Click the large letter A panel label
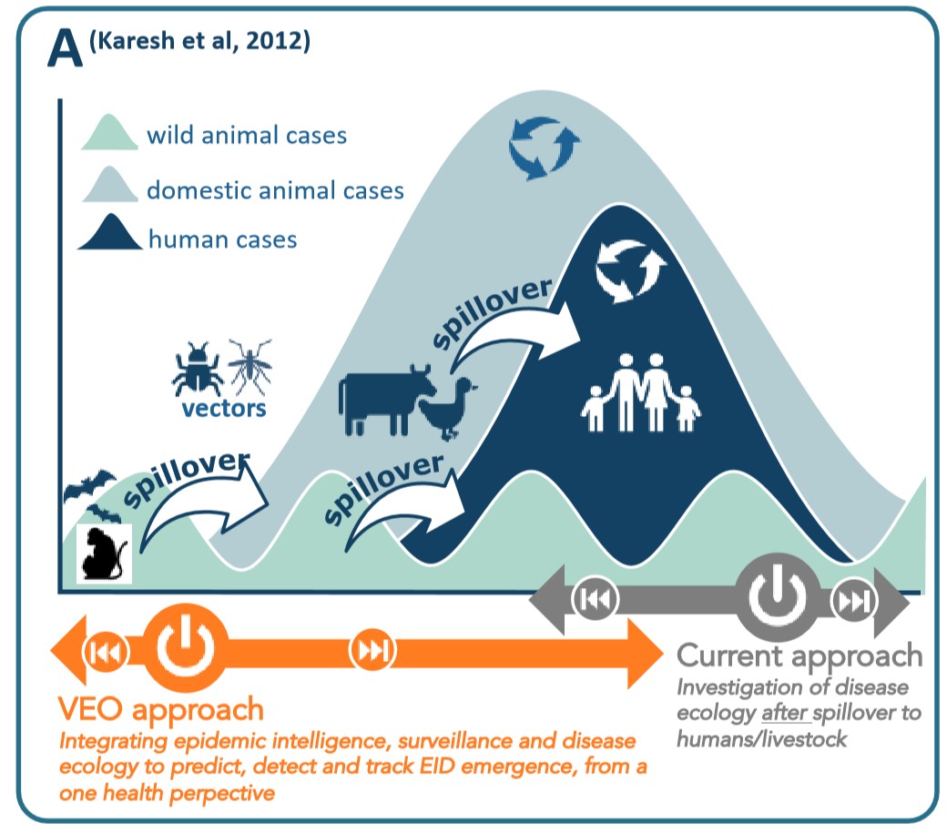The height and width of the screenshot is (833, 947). tap(65, 48)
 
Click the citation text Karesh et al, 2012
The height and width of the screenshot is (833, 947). tap(199, 40)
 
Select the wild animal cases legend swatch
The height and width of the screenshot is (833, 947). tap(109, 132)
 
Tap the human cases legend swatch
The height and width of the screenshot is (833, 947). tap(110, 232)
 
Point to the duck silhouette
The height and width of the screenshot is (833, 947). tap(448, 409)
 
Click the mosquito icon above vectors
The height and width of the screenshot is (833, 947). tap(249, 366)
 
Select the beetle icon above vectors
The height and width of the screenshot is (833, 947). tap(197, 368)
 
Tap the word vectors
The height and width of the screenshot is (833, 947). tap(224, 410)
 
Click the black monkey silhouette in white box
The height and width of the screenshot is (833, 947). tap(105, 553)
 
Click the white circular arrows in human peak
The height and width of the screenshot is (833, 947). tap(630, 269)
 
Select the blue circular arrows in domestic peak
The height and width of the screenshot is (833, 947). tap(544, 147)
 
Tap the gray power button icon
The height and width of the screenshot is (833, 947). tap(778, 595)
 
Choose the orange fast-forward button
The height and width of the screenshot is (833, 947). tap(372, 650)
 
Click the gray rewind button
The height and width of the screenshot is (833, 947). tap(596, 599)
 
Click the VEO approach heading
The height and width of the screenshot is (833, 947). tap(161, 710)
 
